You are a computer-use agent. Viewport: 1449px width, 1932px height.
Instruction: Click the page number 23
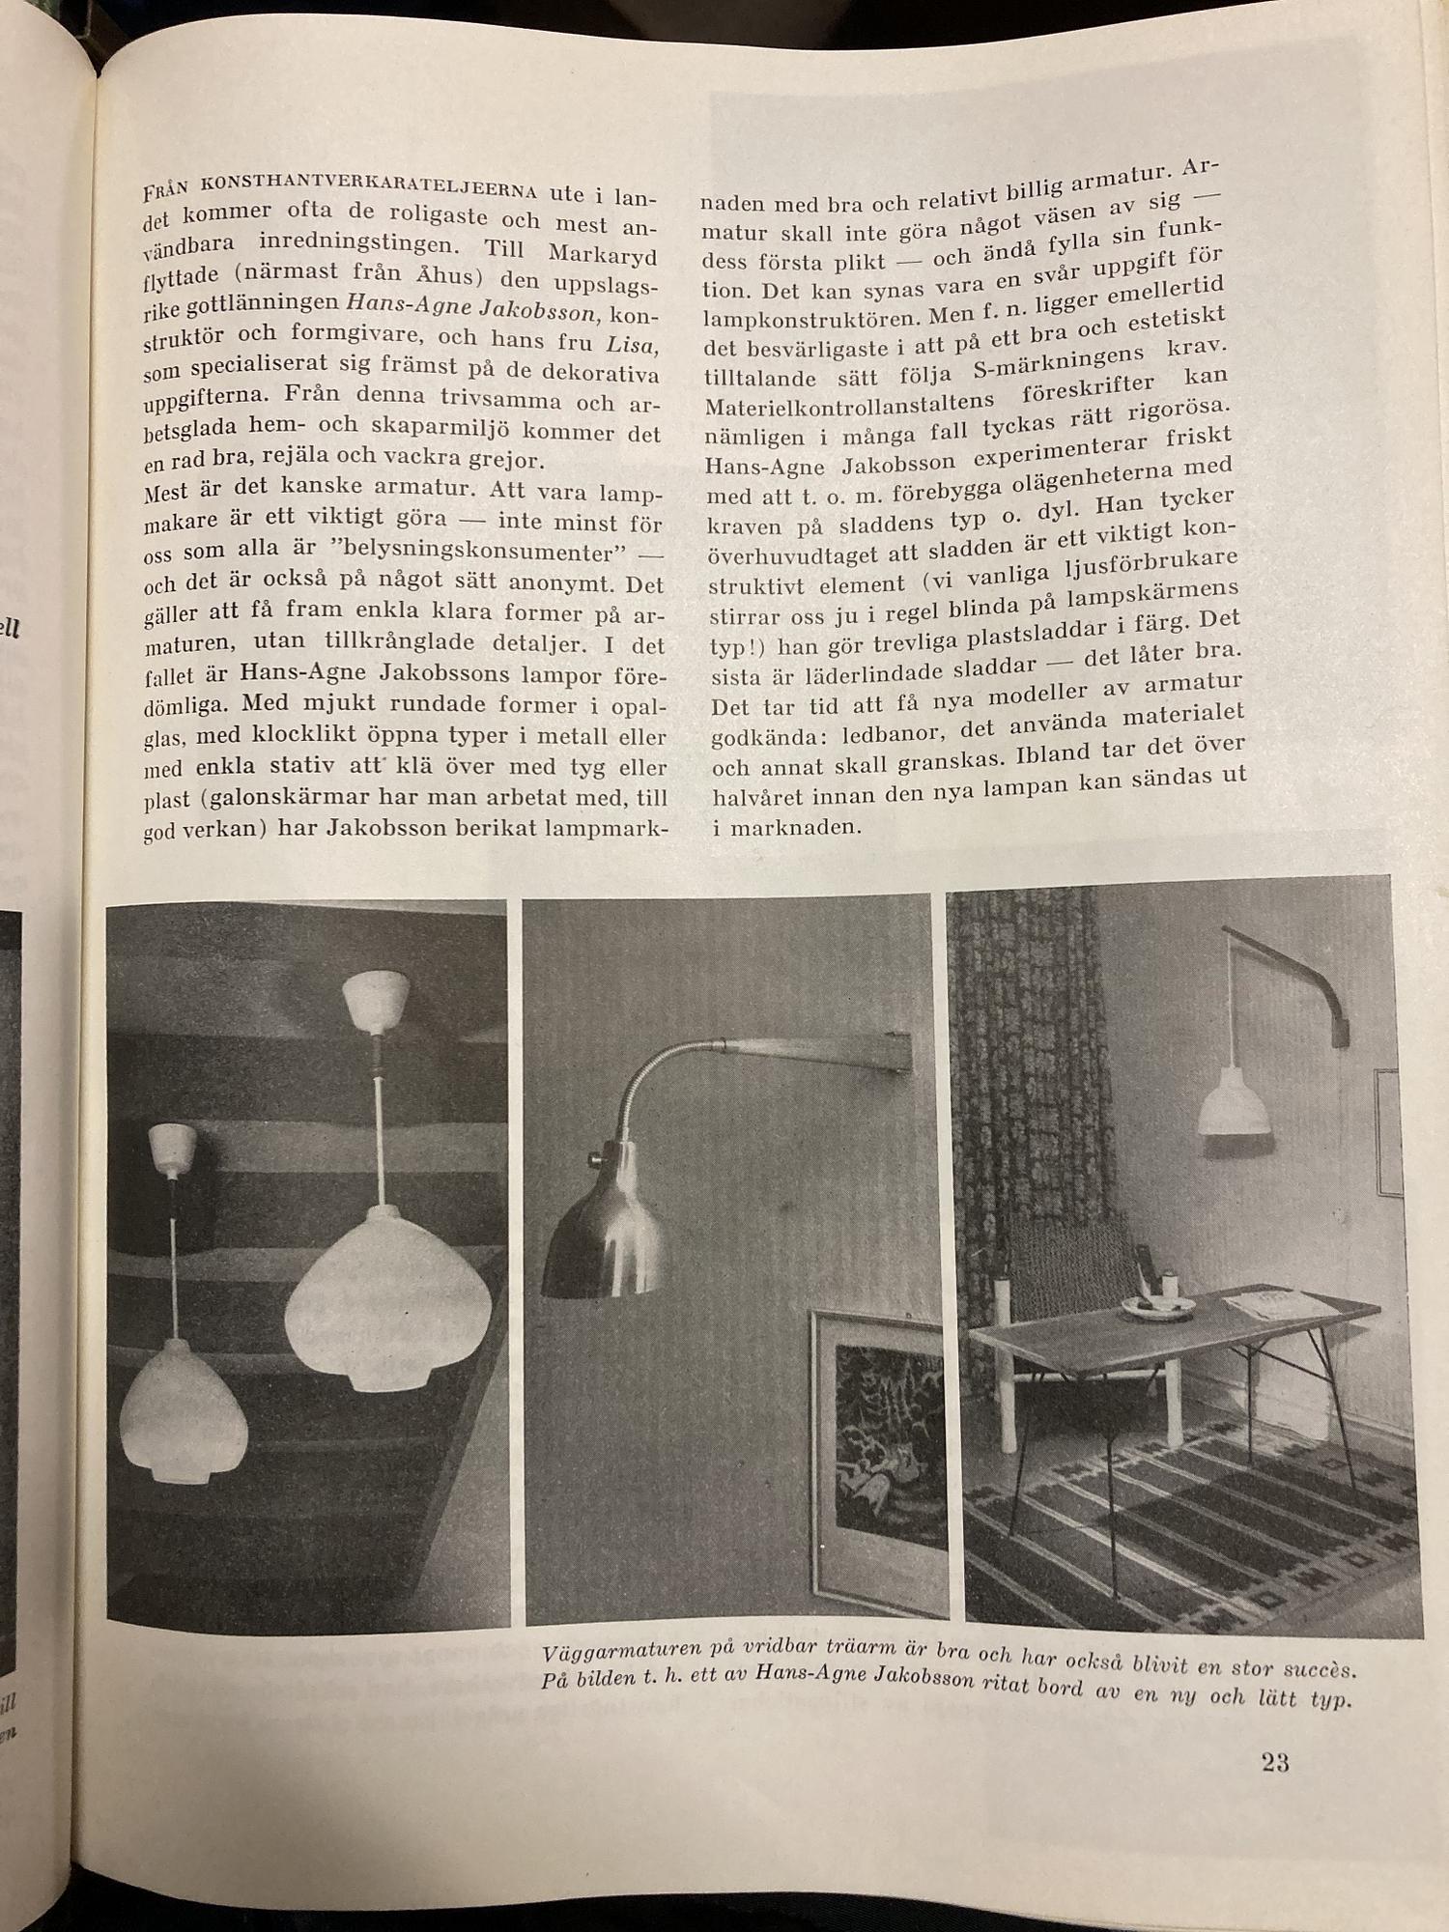[x=1274, y=1763]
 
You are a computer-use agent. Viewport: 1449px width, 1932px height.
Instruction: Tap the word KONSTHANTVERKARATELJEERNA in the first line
[x=368, y=183]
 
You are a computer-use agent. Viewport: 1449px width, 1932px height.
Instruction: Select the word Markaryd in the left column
[x=602, y=254]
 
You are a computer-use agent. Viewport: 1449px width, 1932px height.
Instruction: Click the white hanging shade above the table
[x=1234, y=1104]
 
